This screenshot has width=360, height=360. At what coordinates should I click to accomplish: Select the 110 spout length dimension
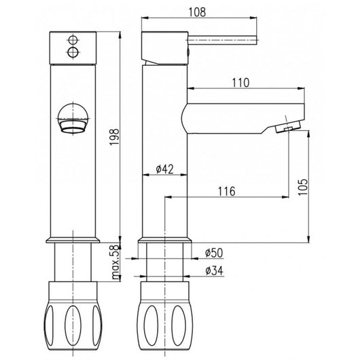click(241, 82)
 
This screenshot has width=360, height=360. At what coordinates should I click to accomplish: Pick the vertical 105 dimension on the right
click(304, 185)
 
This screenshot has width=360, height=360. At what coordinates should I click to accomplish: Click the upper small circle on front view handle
click(73, 40)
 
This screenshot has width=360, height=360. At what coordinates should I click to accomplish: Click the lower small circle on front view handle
click(73, 51)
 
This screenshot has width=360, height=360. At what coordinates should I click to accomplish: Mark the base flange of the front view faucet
click(73, 240)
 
